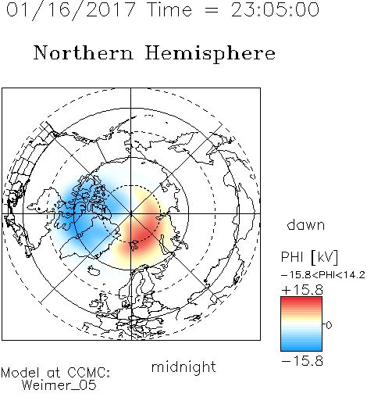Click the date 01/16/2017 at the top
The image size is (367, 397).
(x=71, y=10)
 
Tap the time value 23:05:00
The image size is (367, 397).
(x=275, y=9)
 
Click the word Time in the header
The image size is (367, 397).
(x=169, y=9)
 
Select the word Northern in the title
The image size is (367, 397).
(x=84, y=52)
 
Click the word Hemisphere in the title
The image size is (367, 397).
(x=210, y=54)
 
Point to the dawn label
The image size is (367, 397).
(x=306, y=224)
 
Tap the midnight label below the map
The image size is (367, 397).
(x=183, y=367)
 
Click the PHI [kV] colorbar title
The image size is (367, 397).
(x=310, y=257)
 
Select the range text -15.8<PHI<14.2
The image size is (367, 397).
(x=323, y=275)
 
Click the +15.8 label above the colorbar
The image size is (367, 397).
(x=302, y=290)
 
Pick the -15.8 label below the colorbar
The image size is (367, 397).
(x=302, y=361)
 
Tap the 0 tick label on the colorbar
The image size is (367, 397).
(x=329, y=325)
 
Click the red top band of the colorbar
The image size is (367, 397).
(x=301, y=301)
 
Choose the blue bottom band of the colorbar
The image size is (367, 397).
(x=301, y=346)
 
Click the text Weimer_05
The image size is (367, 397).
(x=59, y=385)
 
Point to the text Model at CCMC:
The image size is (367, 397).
(x=55, y=373)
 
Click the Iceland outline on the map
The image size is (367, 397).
(x=94, y=270)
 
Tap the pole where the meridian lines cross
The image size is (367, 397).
(x=131, y=214)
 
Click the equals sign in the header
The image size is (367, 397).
(x=211, y=10)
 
